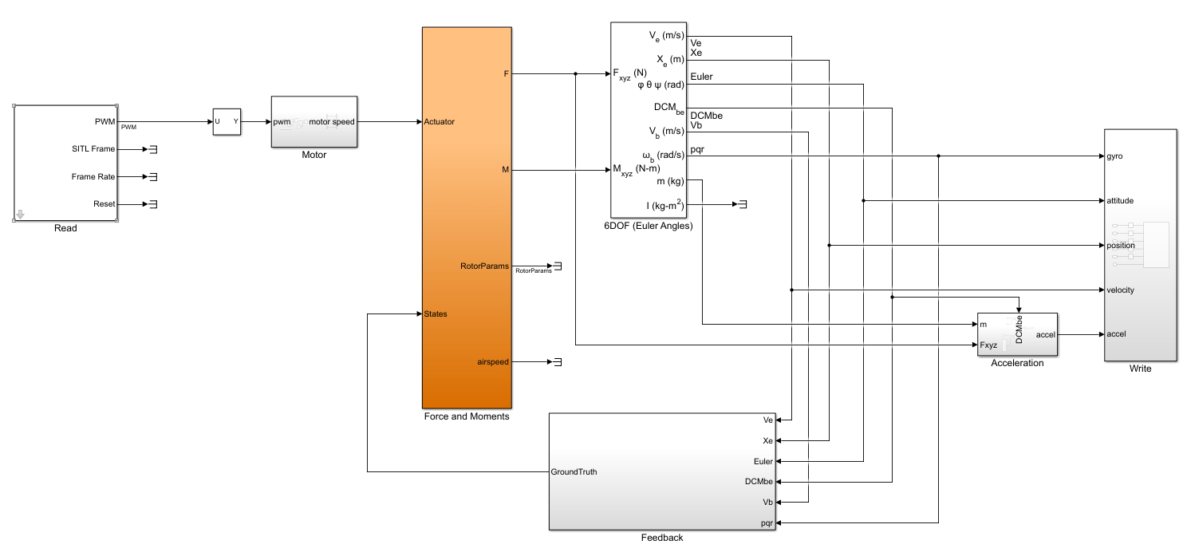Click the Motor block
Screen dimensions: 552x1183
point(313,122)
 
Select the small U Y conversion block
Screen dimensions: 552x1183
point(226,122)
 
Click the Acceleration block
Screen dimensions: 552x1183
point(1017,334)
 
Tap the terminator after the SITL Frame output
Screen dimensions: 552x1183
point(153,148)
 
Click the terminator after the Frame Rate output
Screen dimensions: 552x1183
point(153,176)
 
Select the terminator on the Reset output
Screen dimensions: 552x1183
point(153,204)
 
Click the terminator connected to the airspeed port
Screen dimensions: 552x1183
point(558,362)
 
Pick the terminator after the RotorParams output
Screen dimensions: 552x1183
point(558,266)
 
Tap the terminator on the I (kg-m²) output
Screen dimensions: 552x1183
point(742,205)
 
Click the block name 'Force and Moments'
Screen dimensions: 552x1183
point(467,416)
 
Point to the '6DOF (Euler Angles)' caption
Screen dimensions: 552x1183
point(649,226)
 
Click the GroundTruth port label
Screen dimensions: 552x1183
point(574,471)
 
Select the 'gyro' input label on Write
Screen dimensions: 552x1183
point(1114,156)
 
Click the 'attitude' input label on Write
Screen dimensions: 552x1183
point(1120,201)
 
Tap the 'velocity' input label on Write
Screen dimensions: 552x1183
point(1120,290)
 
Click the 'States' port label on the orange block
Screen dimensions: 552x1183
point(436,313)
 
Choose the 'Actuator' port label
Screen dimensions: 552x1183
point(440,122)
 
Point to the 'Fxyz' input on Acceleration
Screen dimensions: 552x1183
point(990,345)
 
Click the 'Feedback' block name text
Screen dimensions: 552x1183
point(661,538)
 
